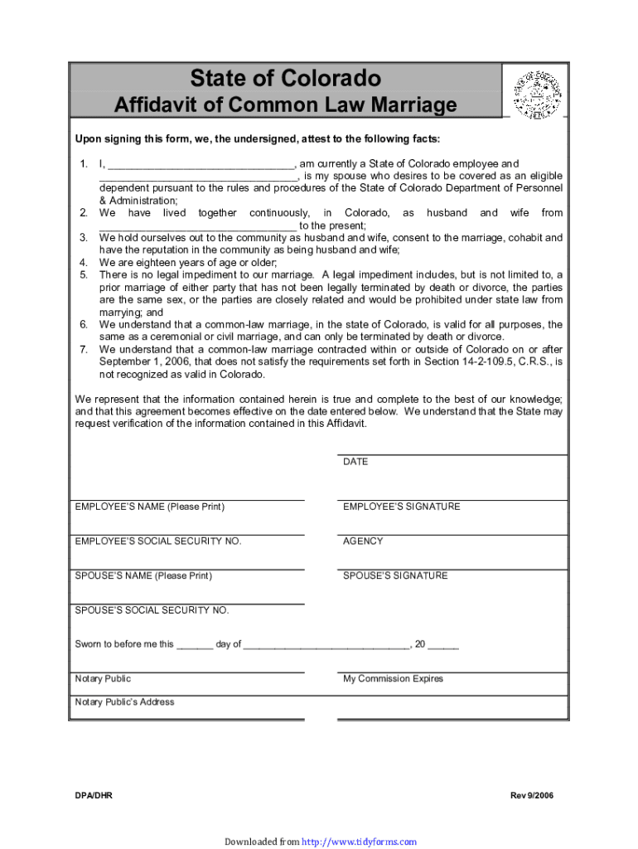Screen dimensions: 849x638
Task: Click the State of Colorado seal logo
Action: point(537,93)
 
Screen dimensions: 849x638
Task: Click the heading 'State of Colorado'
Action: point(286,79)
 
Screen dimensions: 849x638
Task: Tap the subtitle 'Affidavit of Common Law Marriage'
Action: point(285,105)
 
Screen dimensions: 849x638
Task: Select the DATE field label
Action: point(355,462)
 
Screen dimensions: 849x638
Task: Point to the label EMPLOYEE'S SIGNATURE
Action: point(401,507)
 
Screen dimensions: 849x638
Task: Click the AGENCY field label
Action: point(363,541)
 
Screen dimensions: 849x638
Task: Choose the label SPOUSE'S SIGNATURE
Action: point(395,575)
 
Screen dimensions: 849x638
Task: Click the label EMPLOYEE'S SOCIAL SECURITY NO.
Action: point(158,541)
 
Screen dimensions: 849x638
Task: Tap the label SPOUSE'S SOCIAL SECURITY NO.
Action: point(152,610)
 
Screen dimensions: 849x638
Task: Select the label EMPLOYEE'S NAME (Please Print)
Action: point(149,507)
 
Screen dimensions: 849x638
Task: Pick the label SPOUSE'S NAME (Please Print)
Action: point(143,575)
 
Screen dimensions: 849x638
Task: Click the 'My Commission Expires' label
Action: point(393,679)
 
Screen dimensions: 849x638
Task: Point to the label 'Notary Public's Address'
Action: point(124,702)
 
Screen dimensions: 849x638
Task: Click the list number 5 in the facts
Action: point(84,274)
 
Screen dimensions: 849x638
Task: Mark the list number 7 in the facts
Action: point(84,349)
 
